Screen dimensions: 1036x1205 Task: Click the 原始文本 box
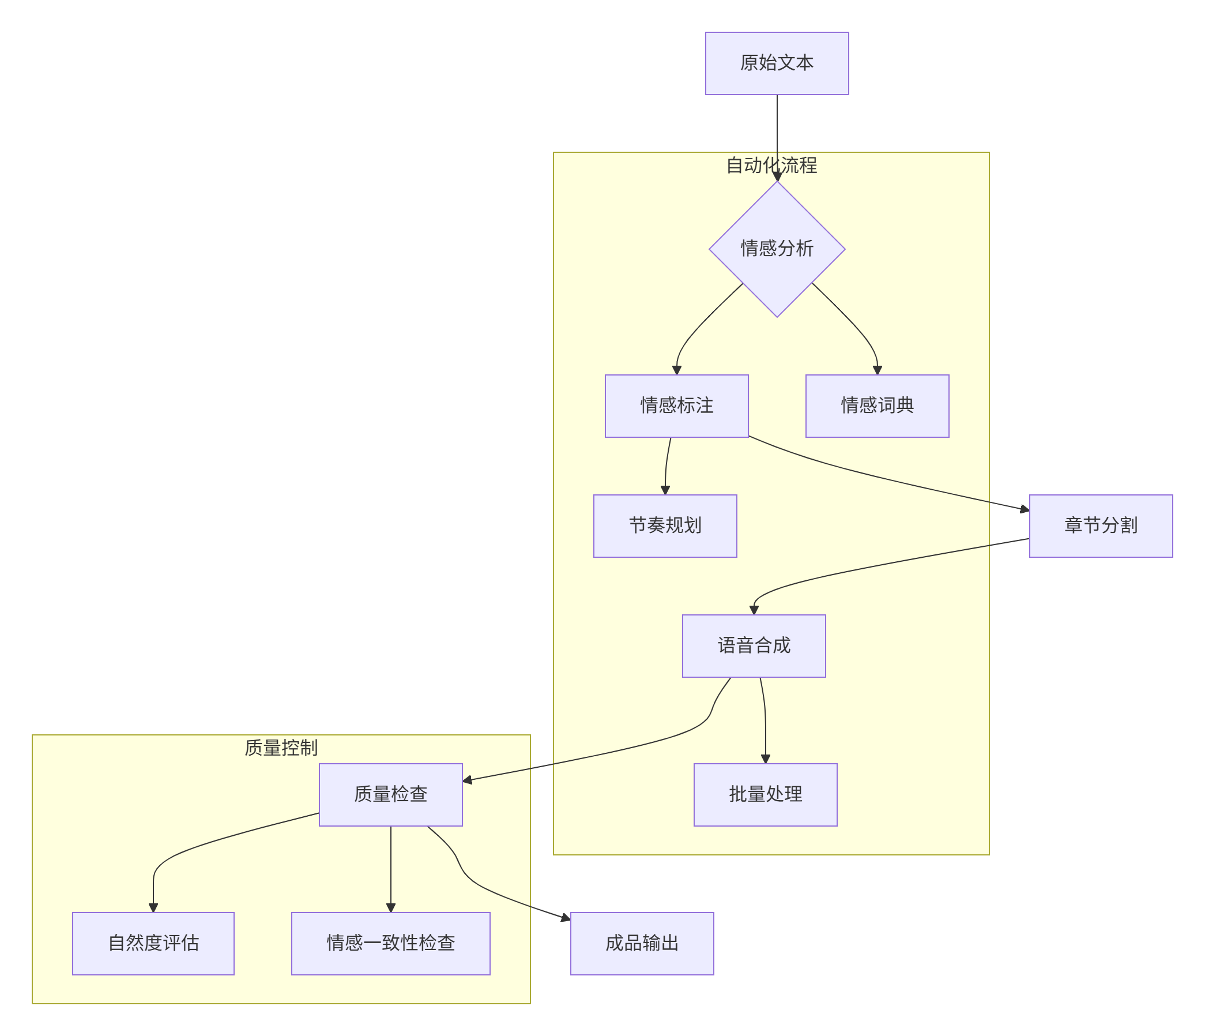pos(777,63)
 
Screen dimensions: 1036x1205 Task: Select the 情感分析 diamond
pos(777,249)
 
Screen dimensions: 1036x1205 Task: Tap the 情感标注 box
pos(676,406)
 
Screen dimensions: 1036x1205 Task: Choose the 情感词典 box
pos(877,406)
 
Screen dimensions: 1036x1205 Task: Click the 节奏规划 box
pos(665,526)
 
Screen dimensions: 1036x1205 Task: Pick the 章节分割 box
pos(1100,526)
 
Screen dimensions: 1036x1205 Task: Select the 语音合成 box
pos(754,645)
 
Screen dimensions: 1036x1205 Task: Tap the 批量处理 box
pos(765,795)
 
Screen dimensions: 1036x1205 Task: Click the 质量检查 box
pos(390,795)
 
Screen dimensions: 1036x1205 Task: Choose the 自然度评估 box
pos(153,944)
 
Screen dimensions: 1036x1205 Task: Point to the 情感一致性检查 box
pos(390,944)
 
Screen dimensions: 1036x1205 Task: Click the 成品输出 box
pos(642,944)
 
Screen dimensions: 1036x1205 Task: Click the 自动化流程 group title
pos(771,166)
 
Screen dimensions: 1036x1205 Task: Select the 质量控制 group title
pos(281,748)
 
